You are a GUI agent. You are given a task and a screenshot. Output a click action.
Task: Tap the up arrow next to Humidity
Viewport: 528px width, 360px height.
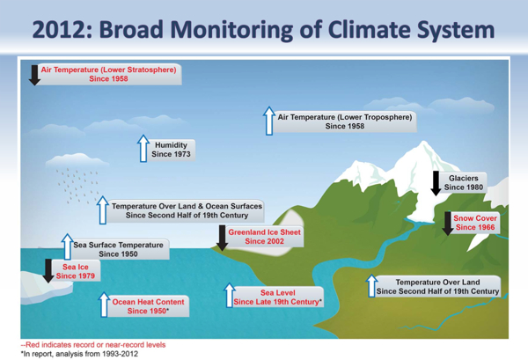point(143,149)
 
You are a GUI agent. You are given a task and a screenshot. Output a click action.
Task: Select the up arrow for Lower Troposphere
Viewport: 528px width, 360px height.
point(268,121)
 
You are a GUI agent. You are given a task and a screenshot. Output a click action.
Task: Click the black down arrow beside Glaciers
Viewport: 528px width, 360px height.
point(435,183)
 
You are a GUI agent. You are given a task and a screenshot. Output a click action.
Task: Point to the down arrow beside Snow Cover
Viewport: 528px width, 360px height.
point(447,223)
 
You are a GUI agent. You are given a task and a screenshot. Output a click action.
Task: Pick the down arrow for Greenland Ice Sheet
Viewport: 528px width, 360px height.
point(222,237)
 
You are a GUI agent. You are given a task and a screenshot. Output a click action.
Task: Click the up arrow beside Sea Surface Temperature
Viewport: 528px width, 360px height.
point(67,246)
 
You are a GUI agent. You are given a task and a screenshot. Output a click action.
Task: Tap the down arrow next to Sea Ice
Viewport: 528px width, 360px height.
point(48,270)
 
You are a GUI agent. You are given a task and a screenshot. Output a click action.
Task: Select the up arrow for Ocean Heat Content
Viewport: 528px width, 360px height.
point(103,305)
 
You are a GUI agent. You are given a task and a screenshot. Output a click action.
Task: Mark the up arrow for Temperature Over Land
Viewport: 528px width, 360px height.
point(370,286)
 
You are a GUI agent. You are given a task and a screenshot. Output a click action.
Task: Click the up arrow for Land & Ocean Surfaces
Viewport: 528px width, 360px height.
point(103,209)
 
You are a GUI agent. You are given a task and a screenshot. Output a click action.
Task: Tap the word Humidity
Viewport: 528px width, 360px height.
point(172,144)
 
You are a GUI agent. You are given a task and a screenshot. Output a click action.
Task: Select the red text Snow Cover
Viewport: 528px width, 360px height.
point(475,217)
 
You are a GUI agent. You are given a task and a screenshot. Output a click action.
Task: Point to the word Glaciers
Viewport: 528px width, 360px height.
point(463,179)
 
